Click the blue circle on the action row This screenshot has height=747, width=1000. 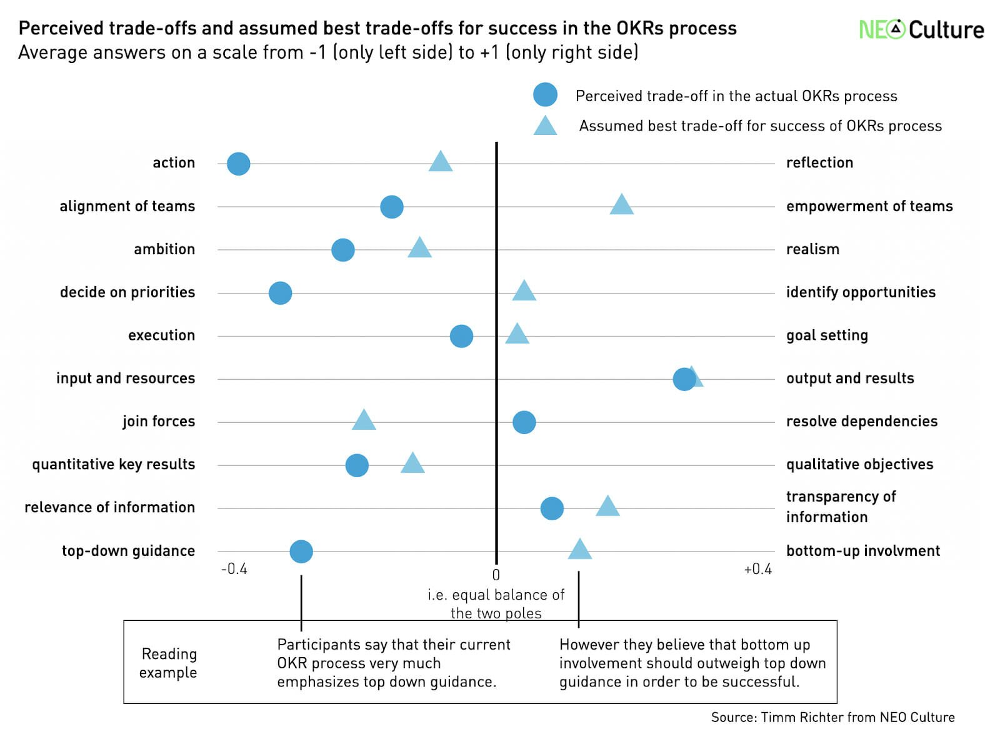click(238, 164)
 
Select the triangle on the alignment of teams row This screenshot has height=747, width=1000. click(621, 205)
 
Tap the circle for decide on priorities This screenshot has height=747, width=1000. click(280, 293)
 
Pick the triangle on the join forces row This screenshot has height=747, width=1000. click(364, 420)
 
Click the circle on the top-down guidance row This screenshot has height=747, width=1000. click(301, 552)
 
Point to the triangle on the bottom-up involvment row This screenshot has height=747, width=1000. click(579, 550)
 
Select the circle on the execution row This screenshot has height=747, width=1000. click(461, 336)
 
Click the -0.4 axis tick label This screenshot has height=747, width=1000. click(234, 569)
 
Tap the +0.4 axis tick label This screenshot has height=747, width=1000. click(757, 569)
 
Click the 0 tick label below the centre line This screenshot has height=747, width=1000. click(496, 575)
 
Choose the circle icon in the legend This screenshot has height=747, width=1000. click(545, 95)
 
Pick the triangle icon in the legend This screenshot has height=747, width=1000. click(545, 126)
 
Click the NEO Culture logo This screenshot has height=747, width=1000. click(921, 29)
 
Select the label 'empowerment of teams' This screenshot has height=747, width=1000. click(869, 206)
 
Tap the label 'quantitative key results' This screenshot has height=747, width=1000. click(113, 464)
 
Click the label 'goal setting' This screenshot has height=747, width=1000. click(826, 335)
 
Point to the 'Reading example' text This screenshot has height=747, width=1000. click(168, 663)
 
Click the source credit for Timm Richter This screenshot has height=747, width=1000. click(832, 717)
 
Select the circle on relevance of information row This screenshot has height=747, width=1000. click(552, 508)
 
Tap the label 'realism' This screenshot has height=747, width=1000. click(812, 249)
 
